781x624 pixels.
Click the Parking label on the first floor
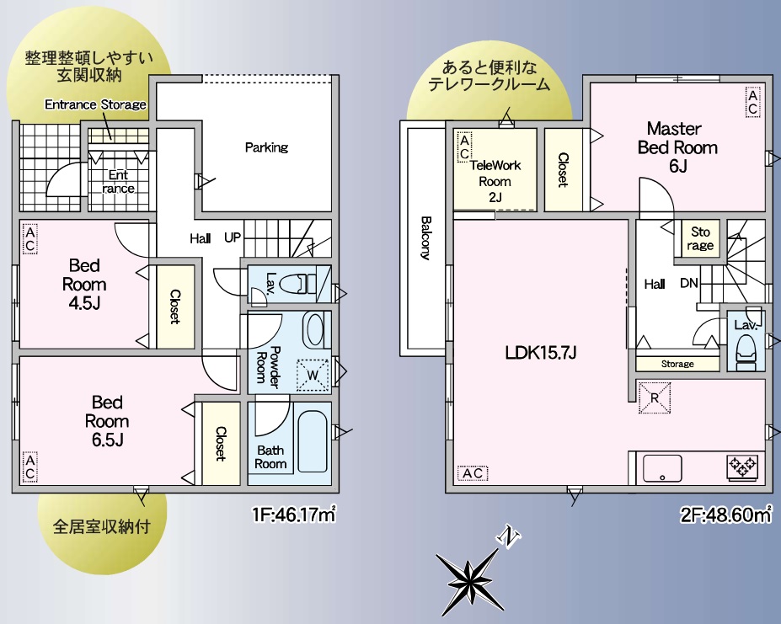(x=266, y=147)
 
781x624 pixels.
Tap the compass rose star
(x=468, y=579)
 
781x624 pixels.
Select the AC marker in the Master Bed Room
(x=752, y=102)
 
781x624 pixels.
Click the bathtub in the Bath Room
(x=313, y=441)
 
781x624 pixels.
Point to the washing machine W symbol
(x=313, y=375)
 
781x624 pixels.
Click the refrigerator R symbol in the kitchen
(x=655, y=397)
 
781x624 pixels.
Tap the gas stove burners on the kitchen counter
(x=743, y=467)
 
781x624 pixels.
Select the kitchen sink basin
(x=662, y=468)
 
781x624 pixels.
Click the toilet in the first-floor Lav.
(x=297, y=285)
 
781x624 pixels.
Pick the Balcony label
(x=425, y=237)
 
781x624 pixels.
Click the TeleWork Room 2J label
(x=495, y=181)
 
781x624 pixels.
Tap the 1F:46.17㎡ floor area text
(x=294, y=515)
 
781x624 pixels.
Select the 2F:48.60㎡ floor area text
(x=726, y=515)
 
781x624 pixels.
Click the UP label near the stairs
(x=232, y=237)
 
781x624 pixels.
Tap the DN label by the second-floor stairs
(x=689, y=283)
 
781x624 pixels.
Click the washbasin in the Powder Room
(x=314, y=330)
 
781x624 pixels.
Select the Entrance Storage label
(x=96, y=104)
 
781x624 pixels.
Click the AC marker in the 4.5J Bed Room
(x=29, y=239)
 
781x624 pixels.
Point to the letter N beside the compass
(x=509, y=537)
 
